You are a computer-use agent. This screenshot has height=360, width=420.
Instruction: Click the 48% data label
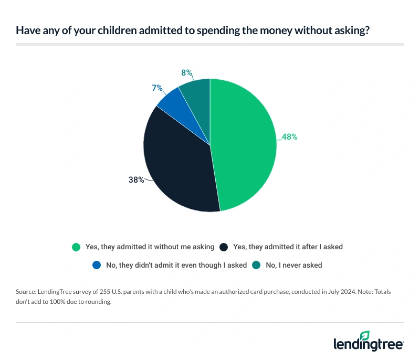[x=289, y=137]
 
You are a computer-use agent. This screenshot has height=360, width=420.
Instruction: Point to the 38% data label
[x=136, y=179]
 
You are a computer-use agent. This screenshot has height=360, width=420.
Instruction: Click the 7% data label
[x=157, y=89]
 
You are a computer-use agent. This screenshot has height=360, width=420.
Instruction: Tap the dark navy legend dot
[x=224, y=246]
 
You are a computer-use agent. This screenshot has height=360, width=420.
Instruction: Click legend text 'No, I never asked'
[x=294, y=265]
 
